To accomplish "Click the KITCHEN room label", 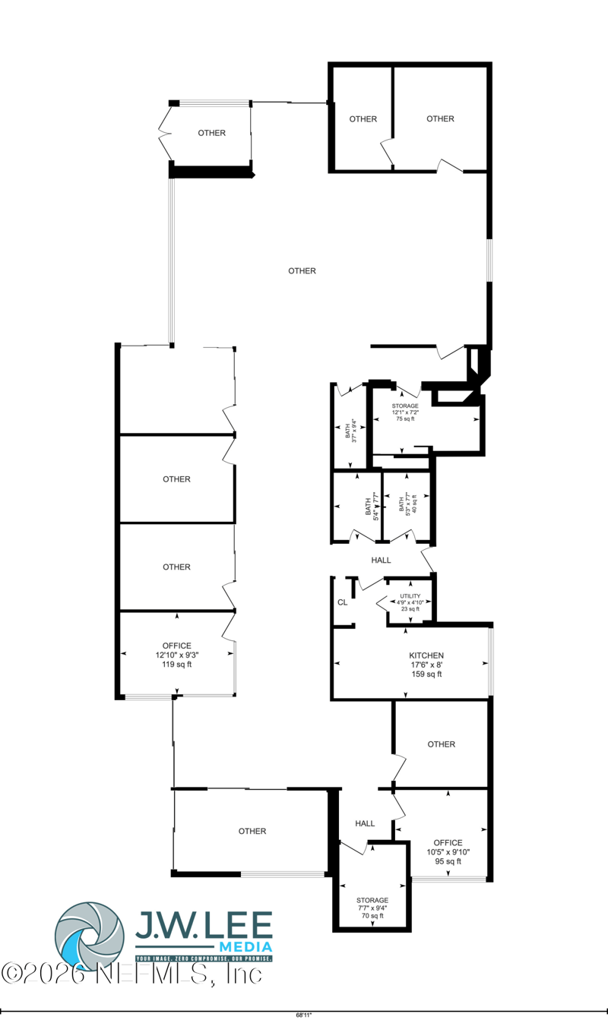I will pos(426,655).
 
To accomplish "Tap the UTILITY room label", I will pos(410,597).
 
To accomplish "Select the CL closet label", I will pos(343,602).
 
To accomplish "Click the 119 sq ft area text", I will pos(176,665).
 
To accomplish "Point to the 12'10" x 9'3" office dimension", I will pos(176,655).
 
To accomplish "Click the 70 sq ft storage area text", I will pos(372,916).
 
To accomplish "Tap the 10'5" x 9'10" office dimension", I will pos(448,852).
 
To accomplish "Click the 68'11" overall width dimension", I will pos(304,1014).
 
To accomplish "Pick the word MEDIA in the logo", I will pos(245,946).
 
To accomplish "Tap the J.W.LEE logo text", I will pos(203,924).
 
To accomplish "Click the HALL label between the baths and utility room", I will pos(381,560).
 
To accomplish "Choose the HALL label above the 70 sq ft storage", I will pos(365,823).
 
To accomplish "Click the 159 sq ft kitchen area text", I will pos(426,674).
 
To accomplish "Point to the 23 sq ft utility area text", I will pos(410,609).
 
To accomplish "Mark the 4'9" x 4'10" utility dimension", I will pos(410,603).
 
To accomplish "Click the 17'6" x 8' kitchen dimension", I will pos(426,665).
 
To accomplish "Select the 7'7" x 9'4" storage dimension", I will pos(372,908).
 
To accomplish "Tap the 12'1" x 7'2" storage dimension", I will pos(405,412).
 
